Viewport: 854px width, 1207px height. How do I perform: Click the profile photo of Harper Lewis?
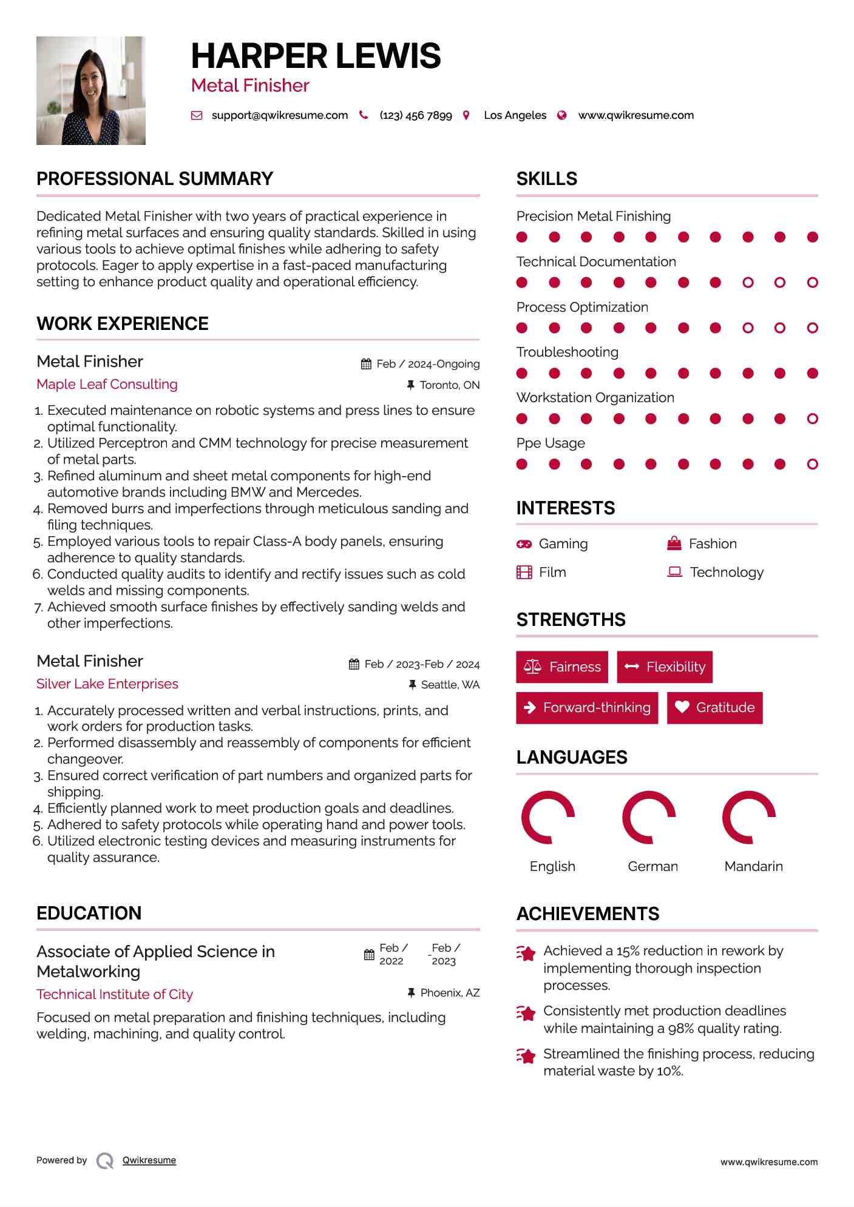pos(91,91)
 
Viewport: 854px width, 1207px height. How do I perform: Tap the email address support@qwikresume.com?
pos(279,115)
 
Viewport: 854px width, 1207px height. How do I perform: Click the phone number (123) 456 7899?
pos(415,115)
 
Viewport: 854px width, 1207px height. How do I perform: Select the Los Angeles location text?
pos(515,115)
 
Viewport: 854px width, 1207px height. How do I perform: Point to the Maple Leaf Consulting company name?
pos(107,385)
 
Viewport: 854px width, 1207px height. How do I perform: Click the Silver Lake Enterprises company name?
pos(107,684)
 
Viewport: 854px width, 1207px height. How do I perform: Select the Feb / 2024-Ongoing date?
pos(427,364)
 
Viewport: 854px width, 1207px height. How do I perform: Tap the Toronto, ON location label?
pos(449,385)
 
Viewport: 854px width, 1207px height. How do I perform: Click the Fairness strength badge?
pos(562,667)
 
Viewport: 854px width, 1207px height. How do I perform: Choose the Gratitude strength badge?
pos(714,708)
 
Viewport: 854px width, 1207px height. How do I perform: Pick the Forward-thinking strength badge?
pos(587,708)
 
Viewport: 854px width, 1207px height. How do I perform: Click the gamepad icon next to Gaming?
pos(524,544)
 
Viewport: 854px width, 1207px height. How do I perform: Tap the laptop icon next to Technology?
pos(674,572)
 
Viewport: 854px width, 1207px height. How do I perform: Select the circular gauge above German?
pos(649,818)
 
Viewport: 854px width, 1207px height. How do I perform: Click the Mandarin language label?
pos(753,866)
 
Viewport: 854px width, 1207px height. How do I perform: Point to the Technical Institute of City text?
pos(115,995)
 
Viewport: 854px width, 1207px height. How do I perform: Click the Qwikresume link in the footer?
pos(149,1160)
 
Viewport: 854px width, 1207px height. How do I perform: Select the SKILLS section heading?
pos(546,179)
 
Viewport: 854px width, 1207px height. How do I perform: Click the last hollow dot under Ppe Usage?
pos(812,465)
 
